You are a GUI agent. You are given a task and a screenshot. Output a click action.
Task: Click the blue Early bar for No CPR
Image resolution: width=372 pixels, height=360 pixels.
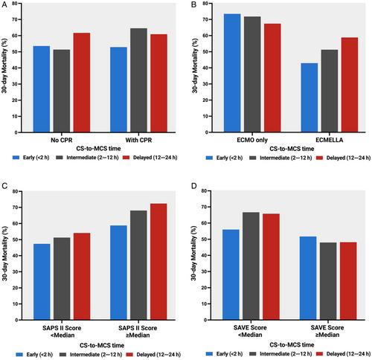42,89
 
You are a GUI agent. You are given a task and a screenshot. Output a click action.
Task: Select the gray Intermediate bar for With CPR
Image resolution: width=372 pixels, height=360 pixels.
138,80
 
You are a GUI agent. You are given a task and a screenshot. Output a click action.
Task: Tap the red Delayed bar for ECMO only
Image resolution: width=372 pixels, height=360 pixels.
272,78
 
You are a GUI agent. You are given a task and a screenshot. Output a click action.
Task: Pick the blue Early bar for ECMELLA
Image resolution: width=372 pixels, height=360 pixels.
310,97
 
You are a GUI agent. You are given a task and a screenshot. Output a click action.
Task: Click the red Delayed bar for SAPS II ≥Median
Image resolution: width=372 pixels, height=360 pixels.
158,262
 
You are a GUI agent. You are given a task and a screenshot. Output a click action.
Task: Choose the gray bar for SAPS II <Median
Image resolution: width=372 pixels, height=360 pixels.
62,279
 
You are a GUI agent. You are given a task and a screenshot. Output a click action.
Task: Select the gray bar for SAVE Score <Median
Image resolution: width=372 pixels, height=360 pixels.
251,266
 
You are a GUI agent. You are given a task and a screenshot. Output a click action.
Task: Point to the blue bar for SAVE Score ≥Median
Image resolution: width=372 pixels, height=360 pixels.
308,278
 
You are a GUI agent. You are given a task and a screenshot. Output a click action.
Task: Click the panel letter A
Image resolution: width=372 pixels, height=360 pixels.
4,5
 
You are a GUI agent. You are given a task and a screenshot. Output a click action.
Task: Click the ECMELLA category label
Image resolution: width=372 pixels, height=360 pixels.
330,140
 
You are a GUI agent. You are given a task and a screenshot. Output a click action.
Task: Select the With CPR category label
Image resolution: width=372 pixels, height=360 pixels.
138,140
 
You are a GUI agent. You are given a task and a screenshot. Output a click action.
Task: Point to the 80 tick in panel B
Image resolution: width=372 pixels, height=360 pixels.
205,4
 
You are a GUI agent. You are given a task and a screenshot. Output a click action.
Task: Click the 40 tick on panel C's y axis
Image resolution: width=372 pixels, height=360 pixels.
15,256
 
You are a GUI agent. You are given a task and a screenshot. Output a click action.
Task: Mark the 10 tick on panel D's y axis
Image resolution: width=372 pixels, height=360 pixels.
204,303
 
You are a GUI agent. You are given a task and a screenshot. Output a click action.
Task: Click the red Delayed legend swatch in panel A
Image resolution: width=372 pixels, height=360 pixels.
126,158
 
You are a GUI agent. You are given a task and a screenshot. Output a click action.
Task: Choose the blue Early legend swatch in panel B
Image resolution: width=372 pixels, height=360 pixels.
209,158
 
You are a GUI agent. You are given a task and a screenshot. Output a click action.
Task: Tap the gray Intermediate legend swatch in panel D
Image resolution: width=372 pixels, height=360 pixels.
253,354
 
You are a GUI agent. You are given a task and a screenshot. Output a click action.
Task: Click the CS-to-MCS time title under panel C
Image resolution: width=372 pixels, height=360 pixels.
102,345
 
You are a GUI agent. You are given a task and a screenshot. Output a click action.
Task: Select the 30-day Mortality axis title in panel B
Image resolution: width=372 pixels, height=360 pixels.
195,66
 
